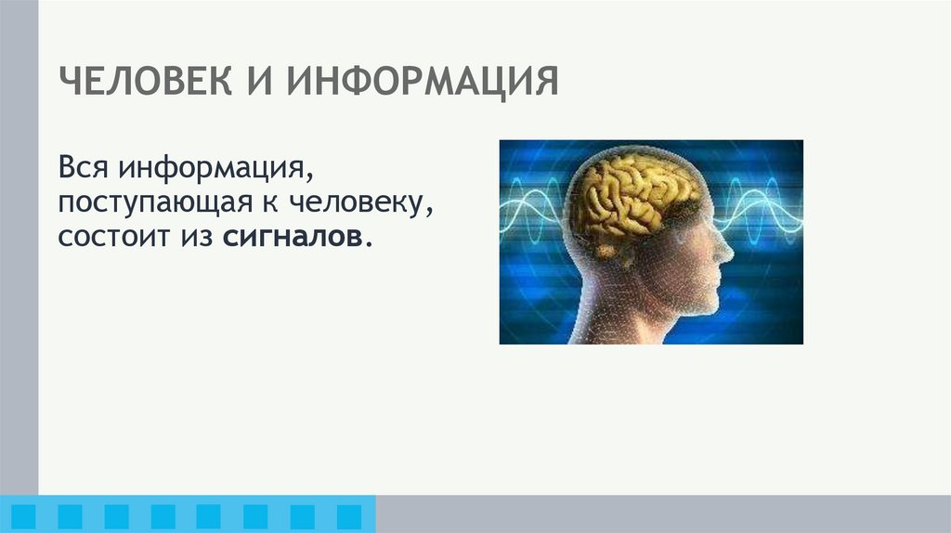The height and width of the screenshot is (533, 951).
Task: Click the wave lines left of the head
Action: [532, 200]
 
